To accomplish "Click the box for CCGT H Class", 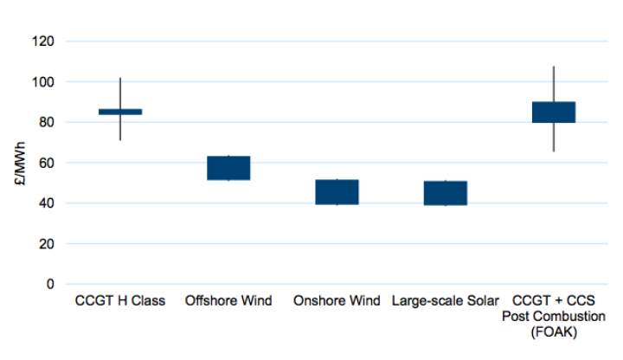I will coord(120,112).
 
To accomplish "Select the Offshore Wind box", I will coord(228,168).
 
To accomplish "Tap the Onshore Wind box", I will coord(337,192).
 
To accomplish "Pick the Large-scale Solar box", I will coord(446,193).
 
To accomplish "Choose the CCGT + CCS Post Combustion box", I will coord(554,112).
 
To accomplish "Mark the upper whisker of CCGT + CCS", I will coord(554,84).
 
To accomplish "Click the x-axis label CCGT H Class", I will coord(120,301).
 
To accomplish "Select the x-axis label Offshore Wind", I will coord(228,301).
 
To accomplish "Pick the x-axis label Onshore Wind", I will coord(337,301).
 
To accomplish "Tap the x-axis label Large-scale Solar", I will coord(446,301).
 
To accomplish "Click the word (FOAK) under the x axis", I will coord(554,331).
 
